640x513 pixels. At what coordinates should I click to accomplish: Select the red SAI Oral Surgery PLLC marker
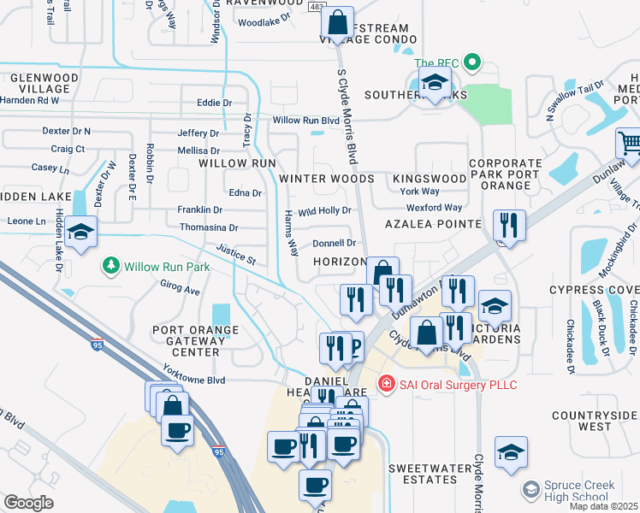coord(387,384)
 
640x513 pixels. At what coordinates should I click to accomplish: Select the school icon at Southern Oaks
coord(435,83)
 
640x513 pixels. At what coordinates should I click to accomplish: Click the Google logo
coord(28,503)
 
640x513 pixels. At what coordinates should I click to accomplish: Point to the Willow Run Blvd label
coord(306,121)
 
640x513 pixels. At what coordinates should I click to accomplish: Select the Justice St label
coord(237,253)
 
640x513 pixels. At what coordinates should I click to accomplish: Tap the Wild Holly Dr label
coord(325,210)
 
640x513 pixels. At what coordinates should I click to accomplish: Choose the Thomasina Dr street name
coord(209,228)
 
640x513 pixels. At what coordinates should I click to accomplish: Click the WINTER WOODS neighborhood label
coord(327,179)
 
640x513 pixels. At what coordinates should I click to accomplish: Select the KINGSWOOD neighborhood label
coord(430,179)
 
